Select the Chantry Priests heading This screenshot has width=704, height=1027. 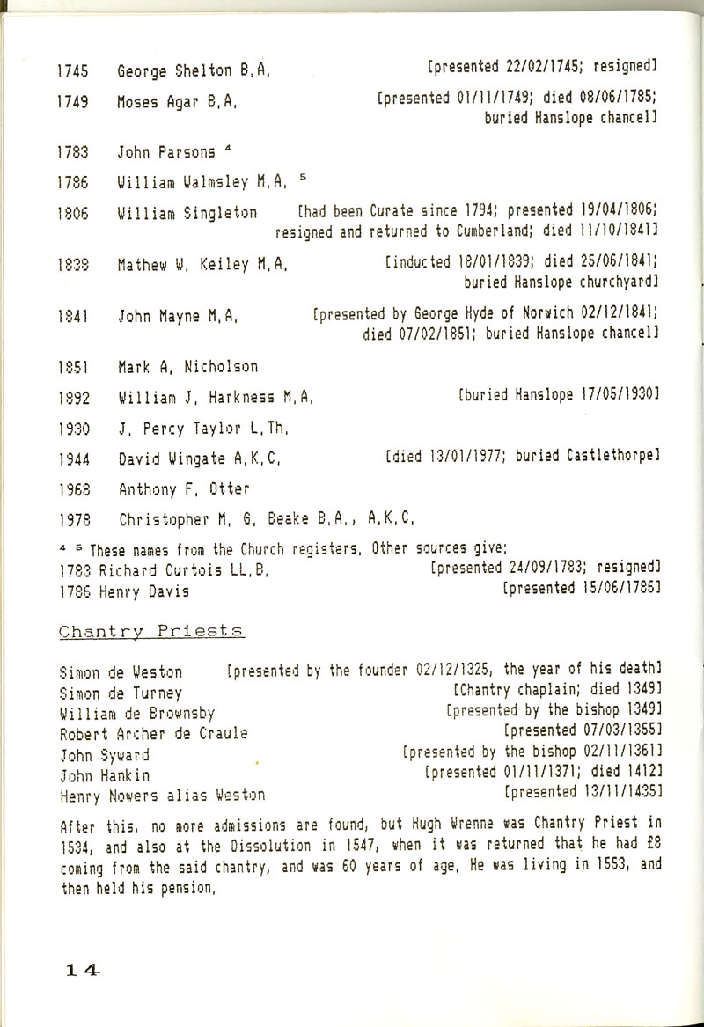pos(150,632)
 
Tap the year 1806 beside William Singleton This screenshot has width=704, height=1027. pos(70,213)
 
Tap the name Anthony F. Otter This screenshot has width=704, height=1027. pos(183,488)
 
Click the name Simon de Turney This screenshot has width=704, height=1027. pos(120,693)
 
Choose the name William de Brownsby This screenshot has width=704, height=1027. pos(136,713)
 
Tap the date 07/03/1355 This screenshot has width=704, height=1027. pos(612,731)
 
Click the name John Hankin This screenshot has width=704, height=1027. pos(104,775)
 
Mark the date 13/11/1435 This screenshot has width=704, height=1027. pos(612,793)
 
